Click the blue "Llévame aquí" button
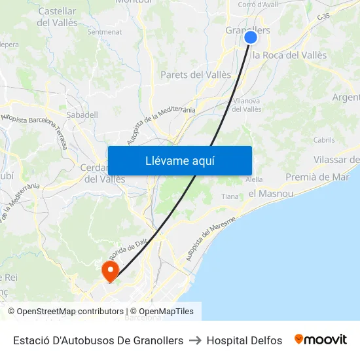tap(179, 160)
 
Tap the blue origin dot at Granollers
tap(251, 37)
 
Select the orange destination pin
tap(109, 270)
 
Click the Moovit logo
tap(321, 340)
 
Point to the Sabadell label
tap(82, 115)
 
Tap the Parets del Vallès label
tap(196, 75)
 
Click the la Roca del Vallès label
tap(289, 55)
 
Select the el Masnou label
tap(270, 194)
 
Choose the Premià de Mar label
tap(317, 177)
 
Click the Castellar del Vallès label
tap(58, 17)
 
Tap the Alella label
tap(254, 179)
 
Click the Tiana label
tap(230, 196)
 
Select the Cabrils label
tap(324, 139)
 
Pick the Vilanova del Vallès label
tap(247, 105)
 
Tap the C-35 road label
tap(323, 16)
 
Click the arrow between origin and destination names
tap(195, 340)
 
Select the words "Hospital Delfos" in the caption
tap(244, 340)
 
